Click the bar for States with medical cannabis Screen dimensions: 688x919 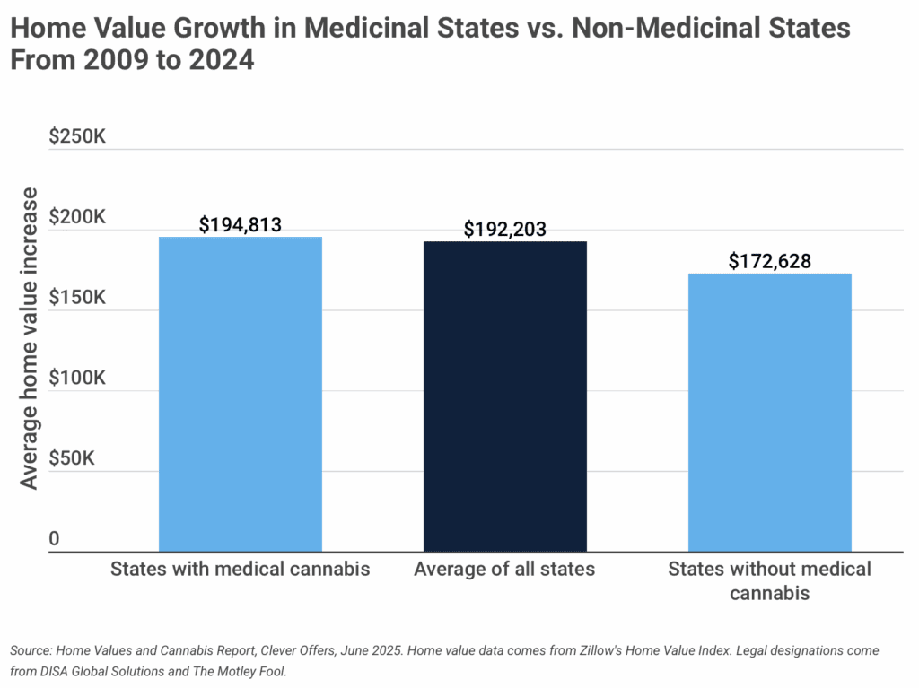[x=241, y=394]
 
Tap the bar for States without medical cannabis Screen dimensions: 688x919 [x=769, y=412]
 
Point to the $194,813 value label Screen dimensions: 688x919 [x=241, y=224]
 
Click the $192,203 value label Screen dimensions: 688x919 [x=504, y=229]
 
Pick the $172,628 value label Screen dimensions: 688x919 [x=769, y=261]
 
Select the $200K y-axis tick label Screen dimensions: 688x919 [x=77, y=218]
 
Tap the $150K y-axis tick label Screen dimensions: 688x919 [x=77, y=298]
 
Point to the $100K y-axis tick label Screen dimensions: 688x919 [x=77, y=379]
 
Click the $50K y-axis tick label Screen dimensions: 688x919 [x=77, y=458]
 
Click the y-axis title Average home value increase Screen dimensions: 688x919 [x=30, y=337]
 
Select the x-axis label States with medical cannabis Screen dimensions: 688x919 [x=241, y=569]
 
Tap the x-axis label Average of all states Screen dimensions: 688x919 [x=504, y=569]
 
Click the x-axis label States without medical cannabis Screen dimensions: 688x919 [x=769, y=580]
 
